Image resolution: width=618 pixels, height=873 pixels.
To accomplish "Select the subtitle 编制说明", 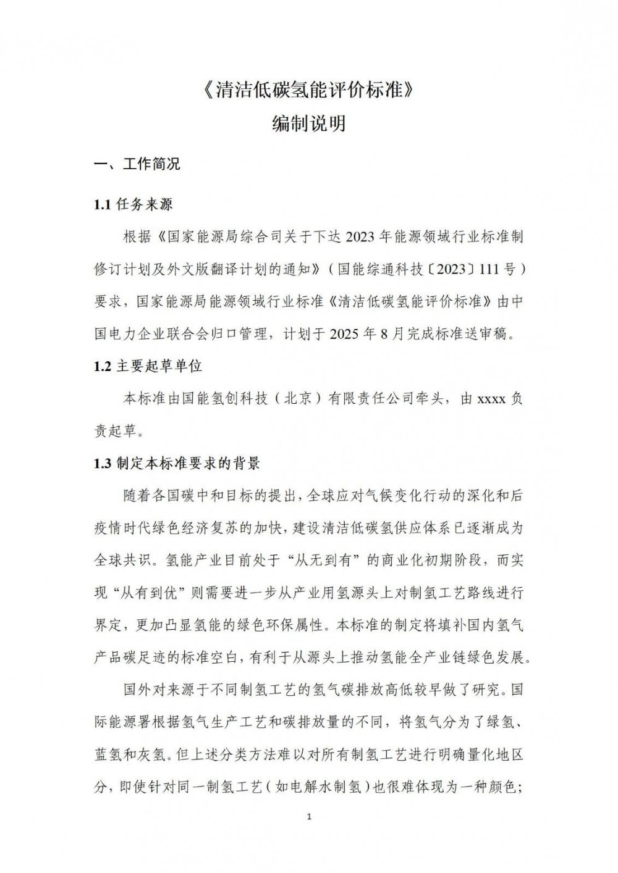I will tap(308, 123).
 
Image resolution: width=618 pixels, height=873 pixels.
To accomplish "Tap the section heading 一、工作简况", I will tap(137, 165).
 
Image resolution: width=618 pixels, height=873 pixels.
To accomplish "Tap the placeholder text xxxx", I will tap(492, 399).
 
